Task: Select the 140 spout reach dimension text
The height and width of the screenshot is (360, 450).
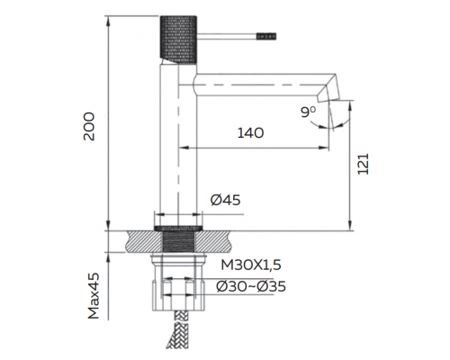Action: click(251, 133)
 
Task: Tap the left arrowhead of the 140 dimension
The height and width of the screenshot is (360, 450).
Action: click(184, 147)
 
